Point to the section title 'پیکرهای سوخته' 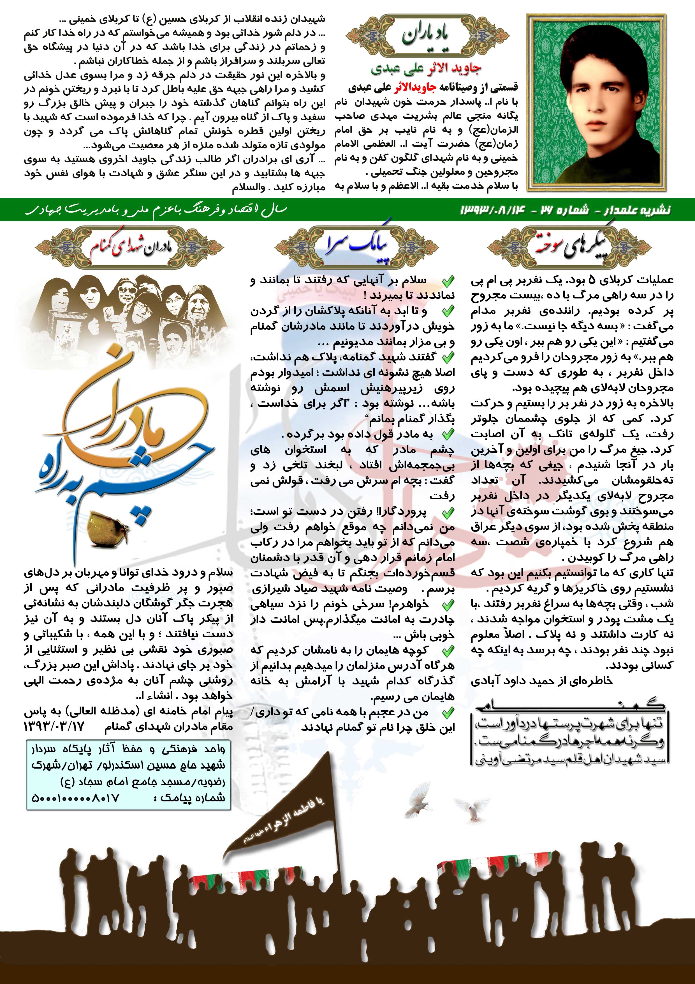(x=569, y=247)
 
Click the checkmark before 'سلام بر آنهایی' (x=448, y=281)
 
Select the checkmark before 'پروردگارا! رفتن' (x=448, y=512)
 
